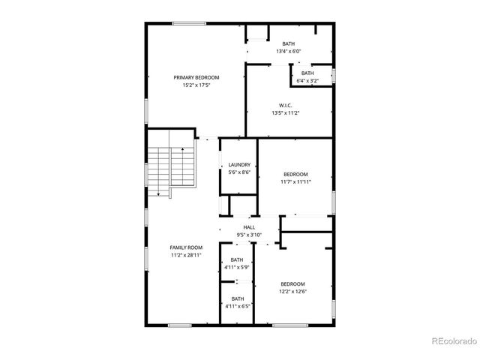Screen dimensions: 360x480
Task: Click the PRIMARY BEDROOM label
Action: pyautogui.click(x=196, y=78)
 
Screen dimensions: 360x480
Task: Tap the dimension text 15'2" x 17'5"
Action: pyautogui.click(x=196, y=85)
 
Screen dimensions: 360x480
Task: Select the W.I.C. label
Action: pyautogui.click(x=285, y=105)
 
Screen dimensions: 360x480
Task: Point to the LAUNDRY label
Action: pyautogui.click(x=239, y=165)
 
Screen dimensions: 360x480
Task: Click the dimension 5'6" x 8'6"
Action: pyautogui.click(x=239, y=172)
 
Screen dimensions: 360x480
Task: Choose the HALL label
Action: pyautogui.click(x=249, y=227)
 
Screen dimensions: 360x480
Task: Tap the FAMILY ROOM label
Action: pyautogui.click(x=186, y=247)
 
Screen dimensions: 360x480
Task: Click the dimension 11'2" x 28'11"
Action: pyautogui.click(x=186, y=255)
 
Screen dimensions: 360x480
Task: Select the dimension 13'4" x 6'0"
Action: pyautogui.click(x=289, y=52)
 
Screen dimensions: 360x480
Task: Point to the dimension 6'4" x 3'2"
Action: pyautogui.click(x=307, y=80)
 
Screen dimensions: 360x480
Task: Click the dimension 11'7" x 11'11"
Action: pyautogui.click(x=295, y=181)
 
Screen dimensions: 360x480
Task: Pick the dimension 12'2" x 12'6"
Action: pyautogui.click(x=292, y=291)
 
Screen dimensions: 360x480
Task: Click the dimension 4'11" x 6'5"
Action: pyautogui.click(x=237, y=306)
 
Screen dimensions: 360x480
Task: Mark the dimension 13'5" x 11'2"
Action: pyautogui.click(x=285, y=112)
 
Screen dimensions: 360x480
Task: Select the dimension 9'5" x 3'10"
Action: pyautogui.click(x=249, y=235)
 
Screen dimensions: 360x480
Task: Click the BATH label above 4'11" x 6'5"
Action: pyautogui.click(x=237, y=298)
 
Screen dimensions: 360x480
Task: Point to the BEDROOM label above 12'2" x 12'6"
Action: pyautogui.click(x=292, y=283)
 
